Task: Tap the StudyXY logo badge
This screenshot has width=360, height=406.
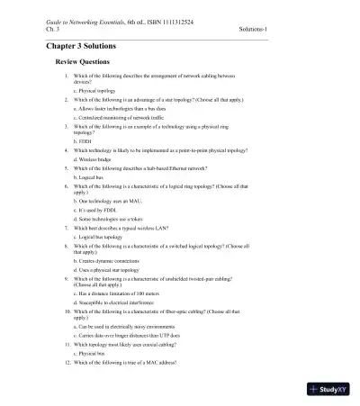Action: (327, 389)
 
